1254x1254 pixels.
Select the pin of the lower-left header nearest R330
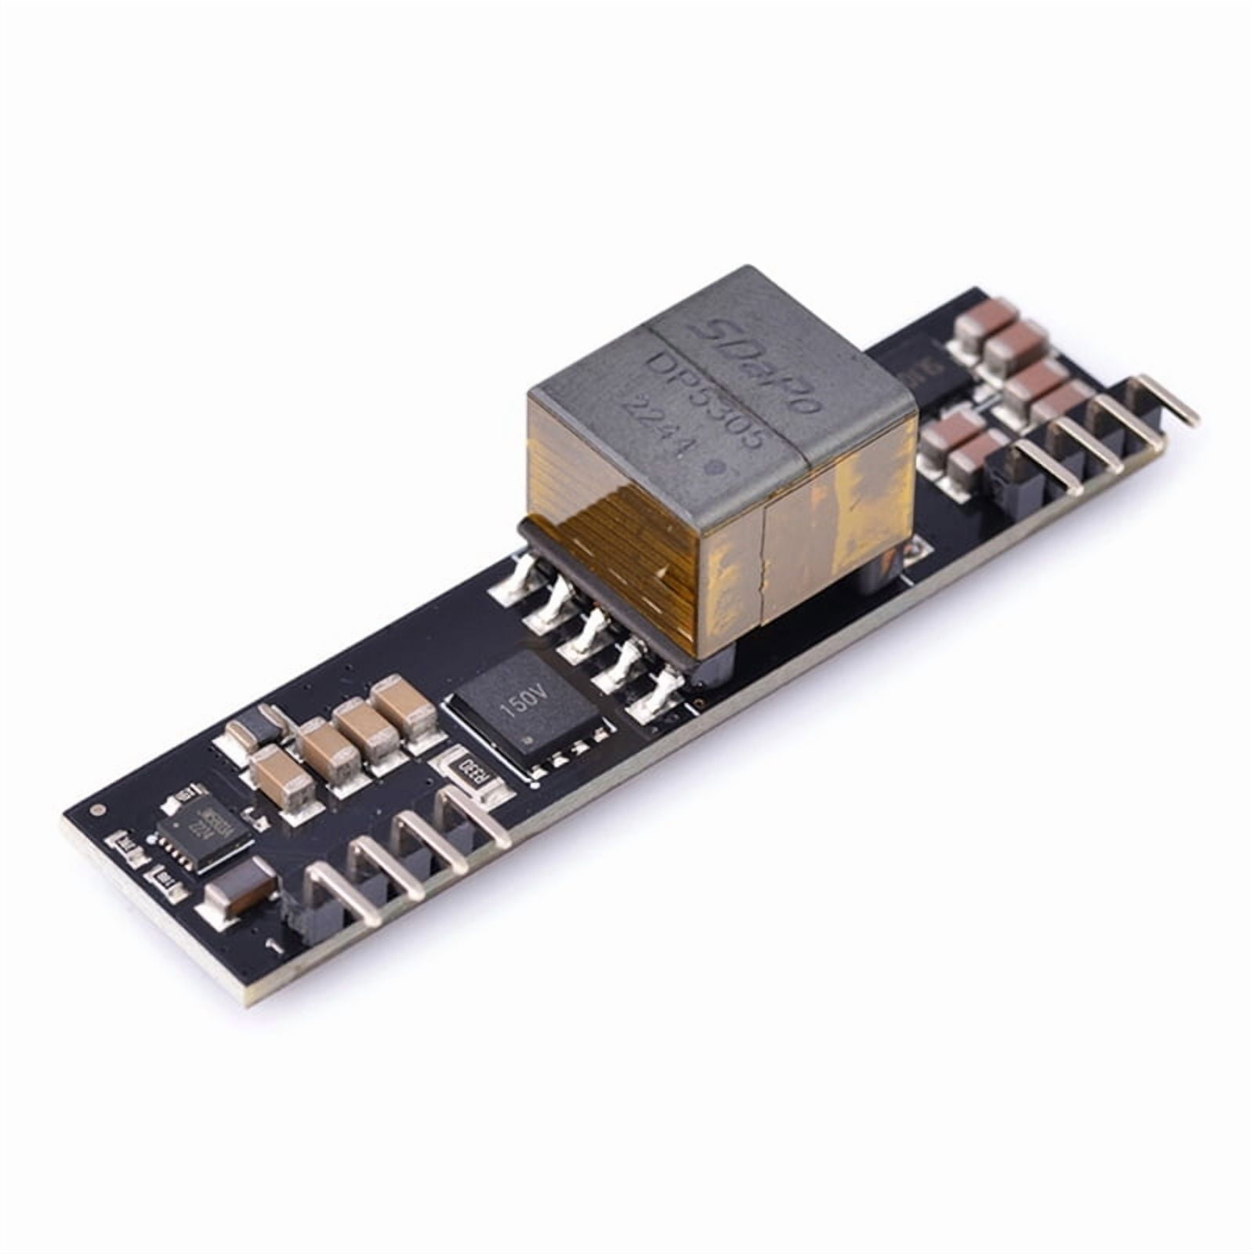(470, 815)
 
